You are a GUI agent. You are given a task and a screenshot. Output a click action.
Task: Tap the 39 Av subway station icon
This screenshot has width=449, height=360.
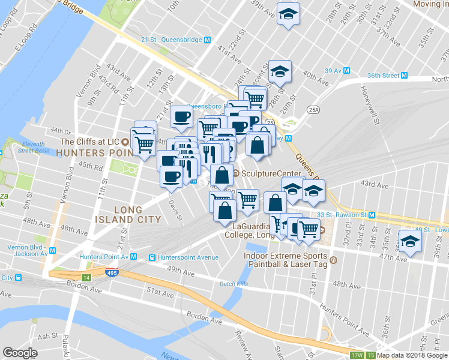(346, 71)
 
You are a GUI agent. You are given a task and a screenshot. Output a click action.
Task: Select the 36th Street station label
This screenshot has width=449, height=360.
(383, 76)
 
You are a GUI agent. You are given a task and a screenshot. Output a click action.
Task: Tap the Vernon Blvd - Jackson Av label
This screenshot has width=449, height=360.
(27, 250)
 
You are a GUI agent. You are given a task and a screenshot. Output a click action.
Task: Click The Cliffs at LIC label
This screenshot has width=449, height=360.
(91, 142)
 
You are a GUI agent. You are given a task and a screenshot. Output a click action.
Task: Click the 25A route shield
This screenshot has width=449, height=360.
(312, 110)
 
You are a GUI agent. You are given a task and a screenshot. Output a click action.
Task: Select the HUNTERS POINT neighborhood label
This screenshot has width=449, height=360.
(94, 153)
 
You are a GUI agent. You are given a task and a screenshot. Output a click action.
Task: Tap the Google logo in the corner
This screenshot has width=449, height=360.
(20, 353)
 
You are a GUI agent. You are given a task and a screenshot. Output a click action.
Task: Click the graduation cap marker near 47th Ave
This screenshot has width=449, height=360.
(410, 241)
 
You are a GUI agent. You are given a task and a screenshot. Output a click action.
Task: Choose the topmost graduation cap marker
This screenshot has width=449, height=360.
(288, 14)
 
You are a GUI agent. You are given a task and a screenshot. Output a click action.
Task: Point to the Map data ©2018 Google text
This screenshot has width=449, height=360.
(412, 355)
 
